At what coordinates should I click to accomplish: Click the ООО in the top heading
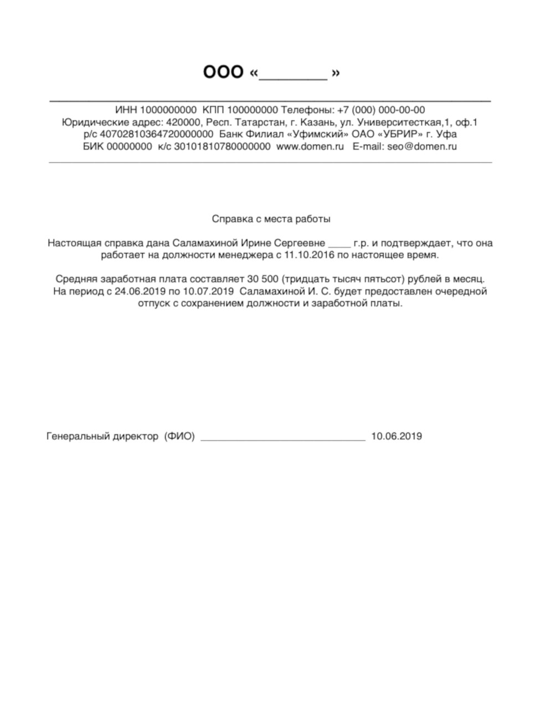tap(223, 73)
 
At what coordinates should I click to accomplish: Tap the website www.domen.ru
tap(310, 147)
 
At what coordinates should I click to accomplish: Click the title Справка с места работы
tap(271, 219)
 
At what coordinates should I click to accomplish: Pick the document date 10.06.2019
tap(397, 436)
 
